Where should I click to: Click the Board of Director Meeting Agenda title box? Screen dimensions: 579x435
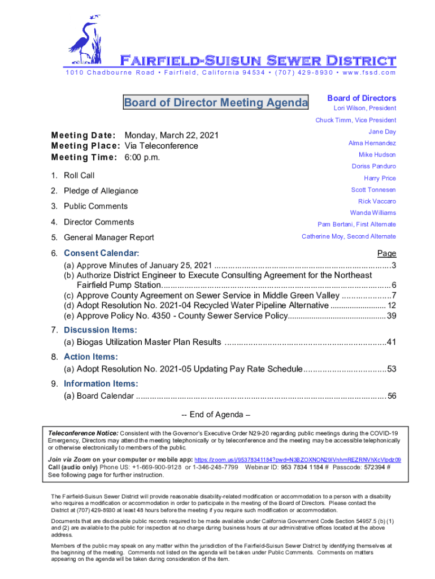(216, 103)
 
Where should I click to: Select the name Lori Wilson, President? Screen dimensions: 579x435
(363, 108)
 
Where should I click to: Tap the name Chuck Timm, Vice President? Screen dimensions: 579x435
(355, 120)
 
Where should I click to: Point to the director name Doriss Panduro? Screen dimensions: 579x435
(373, 166)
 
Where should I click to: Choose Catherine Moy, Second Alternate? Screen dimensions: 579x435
(349, 236)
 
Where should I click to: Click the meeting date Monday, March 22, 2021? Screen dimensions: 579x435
(171, 136)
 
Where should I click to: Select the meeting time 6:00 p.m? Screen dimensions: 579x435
(142, 157)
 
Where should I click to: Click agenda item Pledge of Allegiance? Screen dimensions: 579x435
(101, 191)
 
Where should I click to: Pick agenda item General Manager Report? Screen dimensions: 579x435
(108, 237)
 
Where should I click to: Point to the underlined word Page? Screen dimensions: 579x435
(386, 253)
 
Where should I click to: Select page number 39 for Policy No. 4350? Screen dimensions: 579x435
(391, 316)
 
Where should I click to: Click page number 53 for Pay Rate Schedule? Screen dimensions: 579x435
(391, 369)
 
